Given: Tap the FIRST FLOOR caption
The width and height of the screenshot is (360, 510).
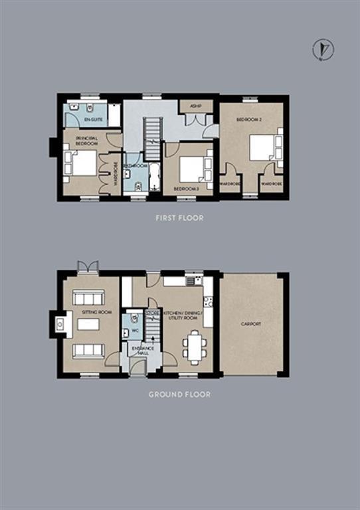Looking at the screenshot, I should coord(179,217).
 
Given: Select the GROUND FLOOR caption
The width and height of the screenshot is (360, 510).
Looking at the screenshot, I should coord(179,394).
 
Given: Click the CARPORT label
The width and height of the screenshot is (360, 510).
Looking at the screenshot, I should coord(251,323).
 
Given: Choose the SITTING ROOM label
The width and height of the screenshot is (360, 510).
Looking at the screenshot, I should coord(90,312).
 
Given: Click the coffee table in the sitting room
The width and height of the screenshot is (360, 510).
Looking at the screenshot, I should coord(88,325).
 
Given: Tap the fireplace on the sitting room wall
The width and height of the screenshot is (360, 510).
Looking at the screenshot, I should coord(58,325).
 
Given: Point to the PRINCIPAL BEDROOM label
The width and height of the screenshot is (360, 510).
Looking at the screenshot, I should coord(86,140).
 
